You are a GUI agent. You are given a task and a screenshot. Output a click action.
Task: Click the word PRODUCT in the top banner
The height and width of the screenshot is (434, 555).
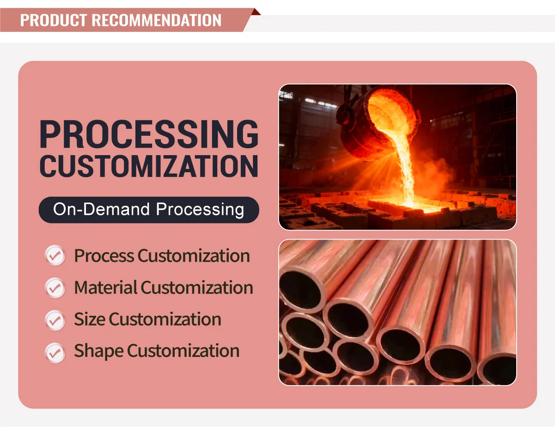point(54,20)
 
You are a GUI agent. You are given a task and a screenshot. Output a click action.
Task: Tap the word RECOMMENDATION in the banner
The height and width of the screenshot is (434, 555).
point(156,20)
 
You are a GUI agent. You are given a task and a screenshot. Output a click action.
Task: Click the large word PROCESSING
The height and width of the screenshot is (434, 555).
point(149,134)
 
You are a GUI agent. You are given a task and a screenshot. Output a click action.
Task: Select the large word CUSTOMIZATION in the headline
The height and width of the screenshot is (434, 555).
point(149,166)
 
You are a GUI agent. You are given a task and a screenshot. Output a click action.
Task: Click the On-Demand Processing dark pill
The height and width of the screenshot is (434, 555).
point(149,210)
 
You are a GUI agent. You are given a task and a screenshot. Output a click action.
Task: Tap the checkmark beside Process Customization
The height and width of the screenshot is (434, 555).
point(55,255)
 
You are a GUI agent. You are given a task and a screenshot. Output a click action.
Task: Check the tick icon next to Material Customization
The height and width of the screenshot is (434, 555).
point(55,288)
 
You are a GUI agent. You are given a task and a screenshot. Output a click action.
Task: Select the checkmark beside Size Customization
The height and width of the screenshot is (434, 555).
point(55,320)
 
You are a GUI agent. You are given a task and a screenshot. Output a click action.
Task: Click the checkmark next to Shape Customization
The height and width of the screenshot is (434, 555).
point(55,353)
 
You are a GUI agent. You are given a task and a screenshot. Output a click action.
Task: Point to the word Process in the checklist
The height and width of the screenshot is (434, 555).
point(104,255)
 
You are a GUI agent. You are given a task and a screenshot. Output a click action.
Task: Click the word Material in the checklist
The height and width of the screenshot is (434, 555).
point(105,287)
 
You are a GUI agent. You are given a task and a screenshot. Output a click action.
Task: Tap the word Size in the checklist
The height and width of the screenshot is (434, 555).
point(89,319)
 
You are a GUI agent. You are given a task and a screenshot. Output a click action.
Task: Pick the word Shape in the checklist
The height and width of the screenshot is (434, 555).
point(99,352)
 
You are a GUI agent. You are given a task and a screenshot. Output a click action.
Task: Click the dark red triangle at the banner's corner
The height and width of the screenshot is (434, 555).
point(256,12)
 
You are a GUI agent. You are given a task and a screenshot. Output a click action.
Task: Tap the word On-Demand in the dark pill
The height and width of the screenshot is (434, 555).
point(101,209)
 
